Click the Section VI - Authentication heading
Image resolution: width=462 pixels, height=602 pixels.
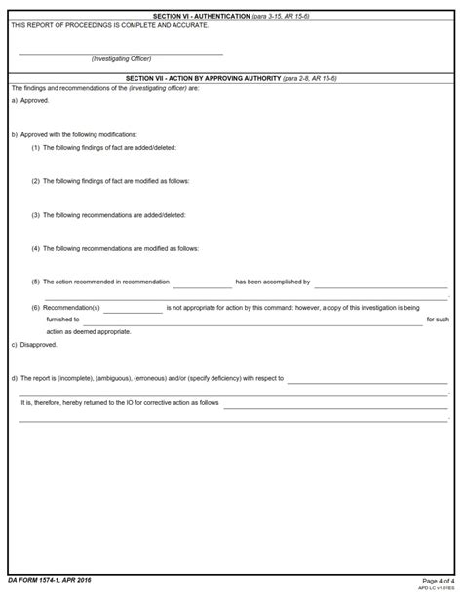tap(230, 17)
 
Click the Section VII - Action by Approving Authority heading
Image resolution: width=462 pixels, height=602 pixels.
tap(230, 77)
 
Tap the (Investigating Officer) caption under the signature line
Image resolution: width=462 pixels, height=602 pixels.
tap(121, 59)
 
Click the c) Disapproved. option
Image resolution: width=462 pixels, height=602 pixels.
tap(34, 344)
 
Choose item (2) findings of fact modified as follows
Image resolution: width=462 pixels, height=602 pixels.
tap(110, 181)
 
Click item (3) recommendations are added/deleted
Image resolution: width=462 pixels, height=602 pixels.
tap(108, 214)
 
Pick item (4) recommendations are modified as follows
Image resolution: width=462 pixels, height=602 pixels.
tap(115, 248)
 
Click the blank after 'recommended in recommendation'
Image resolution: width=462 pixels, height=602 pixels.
tap(202, 283)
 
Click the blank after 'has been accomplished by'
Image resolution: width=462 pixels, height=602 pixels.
tap(380, 283)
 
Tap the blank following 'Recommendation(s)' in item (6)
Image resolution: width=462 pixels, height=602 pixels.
tap(133, 309)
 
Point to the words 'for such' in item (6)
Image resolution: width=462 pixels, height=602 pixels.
tap(438, 320)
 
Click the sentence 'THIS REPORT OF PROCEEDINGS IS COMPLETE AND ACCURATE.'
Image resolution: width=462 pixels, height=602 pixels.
tap(109, 25)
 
